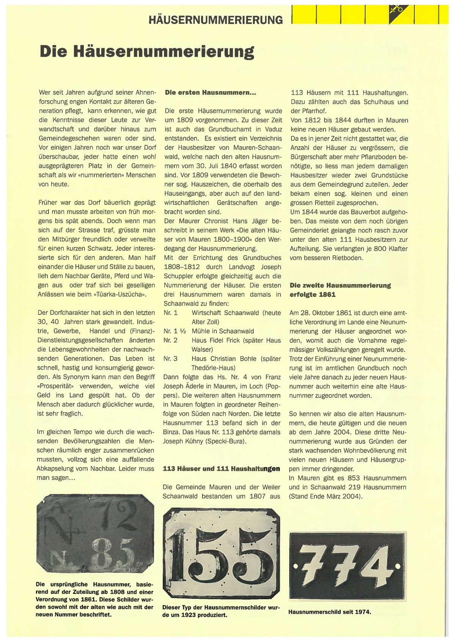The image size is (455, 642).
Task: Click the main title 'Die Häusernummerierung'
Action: point(147,52)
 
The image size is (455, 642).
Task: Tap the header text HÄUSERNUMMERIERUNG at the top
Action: point(216,20)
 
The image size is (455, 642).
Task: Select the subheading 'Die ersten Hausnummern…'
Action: point(210,92)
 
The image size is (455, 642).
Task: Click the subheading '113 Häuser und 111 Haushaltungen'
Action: point(221,469)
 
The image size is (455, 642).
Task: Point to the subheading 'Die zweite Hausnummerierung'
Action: point(340,286)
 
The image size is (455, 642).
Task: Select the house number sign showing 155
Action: point(221,553)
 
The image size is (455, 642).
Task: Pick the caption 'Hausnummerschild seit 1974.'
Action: point(329,612)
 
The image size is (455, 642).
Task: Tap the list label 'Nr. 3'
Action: point(170,359)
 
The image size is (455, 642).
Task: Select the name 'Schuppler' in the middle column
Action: point(179,276)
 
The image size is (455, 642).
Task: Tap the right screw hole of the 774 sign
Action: point(398,567)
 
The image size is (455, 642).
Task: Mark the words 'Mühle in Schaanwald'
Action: point(223,331)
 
